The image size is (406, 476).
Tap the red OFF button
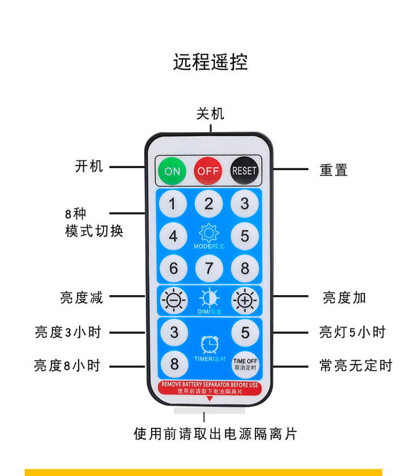point(208,171)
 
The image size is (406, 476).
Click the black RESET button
point(244,171)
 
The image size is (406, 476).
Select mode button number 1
point(173,205)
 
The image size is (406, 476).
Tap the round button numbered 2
point(209,204)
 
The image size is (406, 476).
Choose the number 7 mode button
point(209,268)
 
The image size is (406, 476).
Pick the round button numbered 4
point(173,237)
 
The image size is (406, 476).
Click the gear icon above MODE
point(209,233)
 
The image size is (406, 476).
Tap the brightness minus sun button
point(173,299)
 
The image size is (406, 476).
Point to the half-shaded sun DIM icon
point(209,298)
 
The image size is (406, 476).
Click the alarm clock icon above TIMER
point(209,344)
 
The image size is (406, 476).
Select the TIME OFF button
point(245,364)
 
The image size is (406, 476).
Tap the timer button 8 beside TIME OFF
point(174,364)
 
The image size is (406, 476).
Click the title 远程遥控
point(210,62)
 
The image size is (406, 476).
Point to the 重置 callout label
point(333,170)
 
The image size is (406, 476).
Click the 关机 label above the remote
point(210,114)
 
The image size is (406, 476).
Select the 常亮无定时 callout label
point(356,366)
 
